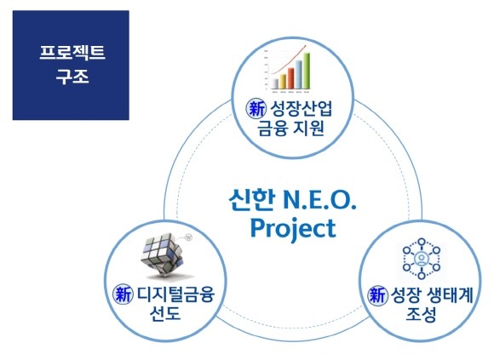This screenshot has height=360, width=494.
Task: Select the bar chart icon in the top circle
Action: pyautogui.click(x=287, y=71)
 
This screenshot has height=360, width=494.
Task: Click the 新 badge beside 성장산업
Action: pyautogui.click(x=255, y=109)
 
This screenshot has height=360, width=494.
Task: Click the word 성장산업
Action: pyautogui.click(x=299, y=109)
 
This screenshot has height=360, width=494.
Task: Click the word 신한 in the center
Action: pyautogui.click(x=252, y=202)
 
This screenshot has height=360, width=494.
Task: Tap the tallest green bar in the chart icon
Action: pyautogui.click(x=305, y=70)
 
